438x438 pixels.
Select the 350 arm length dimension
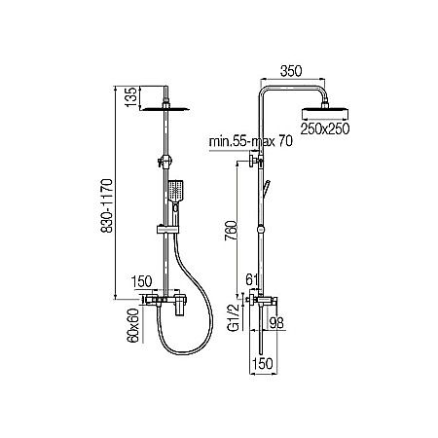[x=287, y=70]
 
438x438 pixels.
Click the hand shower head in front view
[x=175, y=193]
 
